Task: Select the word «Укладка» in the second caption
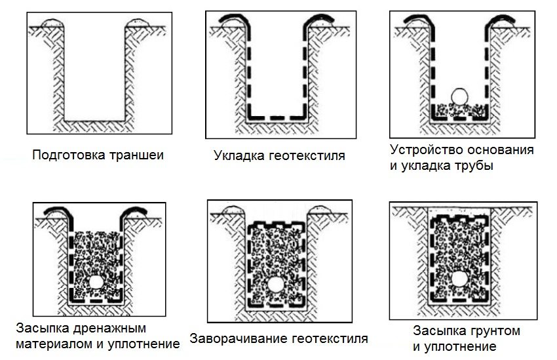pyautogui.click(x=237, y=156)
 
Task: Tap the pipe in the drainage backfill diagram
pyautogui.click(x=96, y=282)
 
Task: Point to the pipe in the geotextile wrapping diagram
pyautogui.click(x=275, y=286)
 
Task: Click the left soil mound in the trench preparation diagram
pyautogui.click(x=52, y=24)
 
